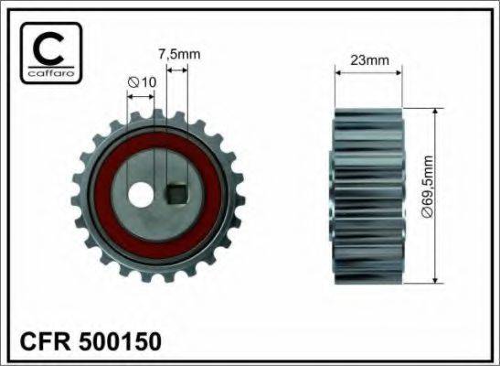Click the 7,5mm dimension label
pyautogui.click(x=173, y=53)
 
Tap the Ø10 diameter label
pyautogui.click(x=142, y=82)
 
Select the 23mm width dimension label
pyautogui.click(x=368, y=60)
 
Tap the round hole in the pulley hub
pyautogui.click(x=141, y=194)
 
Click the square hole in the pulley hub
pyautogui.click(x=178, y=194)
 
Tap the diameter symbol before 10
pyautogui.click(x=133, y=82)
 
